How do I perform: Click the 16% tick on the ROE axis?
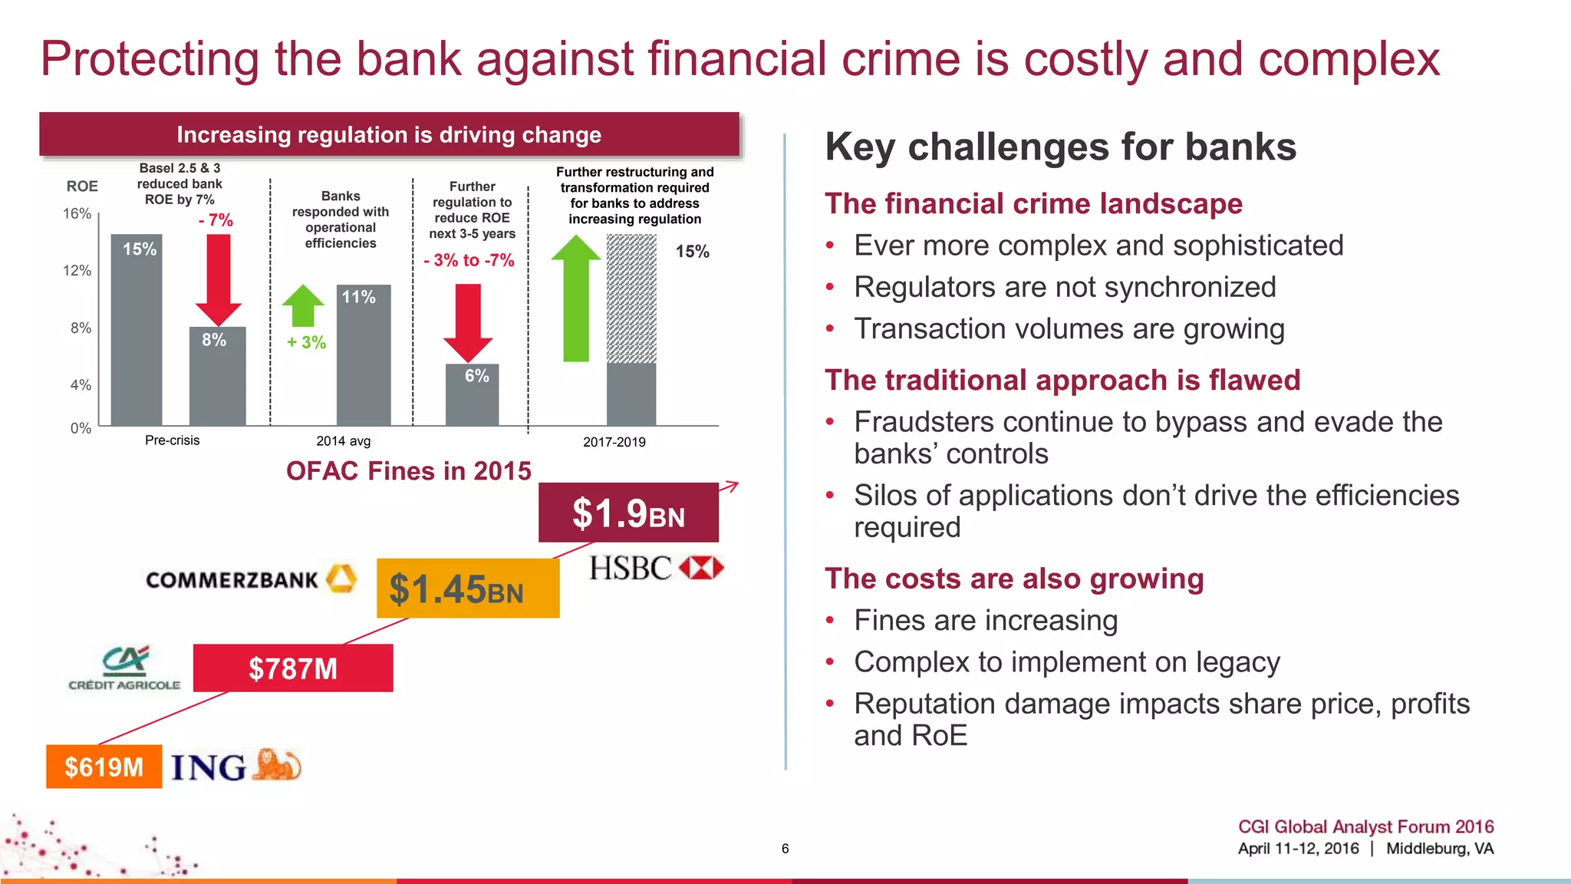point(77,213)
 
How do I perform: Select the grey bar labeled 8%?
point(218,376)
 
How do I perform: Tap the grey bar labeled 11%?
point(364,355)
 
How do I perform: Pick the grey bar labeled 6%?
point(473,394)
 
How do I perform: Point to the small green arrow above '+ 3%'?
point(304,305)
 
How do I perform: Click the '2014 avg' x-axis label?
point(343,441)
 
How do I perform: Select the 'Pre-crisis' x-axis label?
point(172,440)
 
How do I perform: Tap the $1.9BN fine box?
point(628,513)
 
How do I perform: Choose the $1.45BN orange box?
point(467,589)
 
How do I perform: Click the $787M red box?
point(292,668)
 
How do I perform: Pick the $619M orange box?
point(104,767)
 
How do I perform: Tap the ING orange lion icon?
point(276,765)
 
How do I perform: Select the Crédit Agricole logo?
point(124,668)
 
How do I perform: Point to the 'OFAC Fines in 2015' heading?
point(408,470)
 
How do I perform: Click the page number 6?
point(785,848)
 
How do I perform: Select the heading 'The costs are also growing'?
point(1014,579)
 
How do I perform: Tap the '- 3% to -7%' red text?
point(469,260)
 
